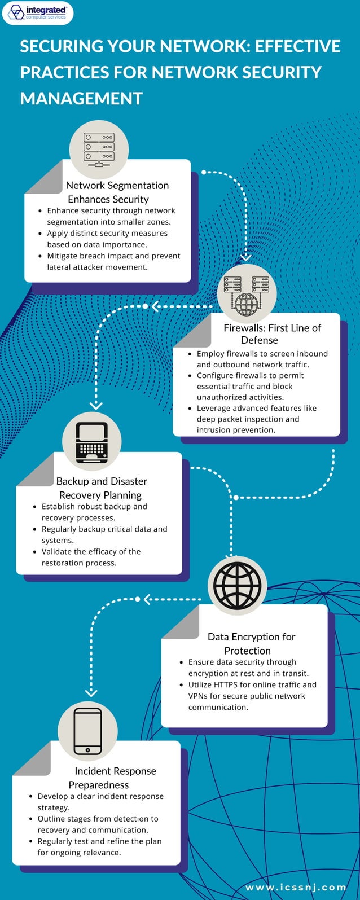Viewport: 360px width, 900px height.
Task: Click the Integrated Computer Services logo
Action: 38,12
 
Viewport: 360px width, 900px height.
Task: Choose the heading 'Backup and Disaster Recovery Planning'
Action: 101,488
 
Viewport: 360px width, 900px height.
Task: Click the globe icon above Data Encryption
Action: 237,585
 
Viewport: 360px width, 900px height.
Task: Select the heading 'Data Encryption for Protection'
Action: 251,643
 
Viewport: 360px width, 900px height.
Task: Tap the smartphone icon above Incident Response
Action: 88,731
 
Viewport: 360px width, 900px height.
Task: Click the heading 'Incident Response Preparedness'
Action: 108,778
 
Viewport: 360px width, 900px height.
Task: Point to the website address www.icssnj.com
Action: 296,888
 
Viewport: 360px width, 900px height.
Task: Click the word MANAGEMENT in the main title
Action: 81,98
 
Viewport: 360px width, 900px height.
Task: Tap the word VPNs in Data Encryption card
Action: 199,696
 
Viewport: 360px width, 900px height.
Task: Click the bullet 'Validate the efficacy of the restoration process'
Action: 91,557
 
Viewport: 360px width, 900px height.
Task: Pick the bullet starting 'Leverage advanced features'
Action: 256,419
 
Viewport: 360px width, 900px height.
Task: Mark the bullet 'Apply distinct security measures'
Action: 107,239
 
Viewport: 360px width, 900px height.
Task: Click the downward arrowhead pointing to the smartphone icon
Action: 90,693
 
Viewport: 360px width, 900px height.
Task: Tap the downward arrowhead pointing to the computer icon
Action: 96,405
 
